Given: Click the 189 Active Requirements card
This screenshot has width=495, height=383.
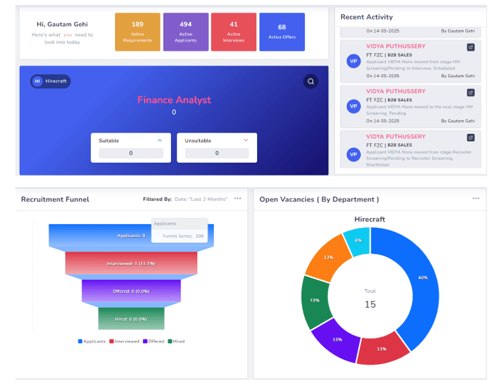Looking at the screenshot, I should pyautogui.click(x=137, y=32).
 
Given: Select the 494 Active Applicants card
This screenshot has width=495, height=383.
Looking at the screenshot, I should pyautogui.click(x=185, y=32).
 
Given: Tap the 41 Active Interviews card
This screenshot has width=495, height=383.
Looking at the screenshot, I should pyautogui.click(x=234, y=32).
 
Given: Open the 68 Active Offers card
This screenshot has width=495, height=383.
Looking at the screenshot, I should pyautogui.click(x=282, y=32).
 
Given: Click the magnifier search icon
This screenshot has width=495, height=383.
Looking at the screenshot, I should pyautogui.click(x=311, y=81).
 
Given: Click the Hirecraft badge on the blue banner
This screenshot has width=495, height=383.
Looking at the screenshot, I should pyautogui.click(x=50, y=81).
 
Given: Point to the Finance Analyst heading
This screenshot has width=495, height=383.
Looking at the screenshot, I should pyautogui.click(x=174, y=100).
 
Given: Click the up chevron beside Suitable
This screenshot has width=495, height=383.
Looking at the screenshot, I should pyautogui.click(x=160, y=141).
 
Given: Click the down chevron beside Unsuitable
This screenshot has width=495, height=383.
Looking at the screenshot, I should pyautogui.click(x=246, y=141).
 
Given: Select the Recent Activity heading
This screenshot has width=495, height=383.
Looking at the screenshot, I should pyautogui.click(x=366, y=17).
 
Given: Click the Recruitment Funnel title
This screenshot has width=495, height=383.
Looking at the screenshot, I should pyautogui.click(x=55, y=199).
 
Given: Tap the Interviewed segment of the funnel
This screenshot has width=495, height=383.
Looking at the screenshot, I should pyautogui.click(x=132, y=263).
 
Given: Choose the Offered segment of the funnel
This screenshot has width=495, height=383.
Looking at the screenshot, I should pyautogui.click(x=132, y=291).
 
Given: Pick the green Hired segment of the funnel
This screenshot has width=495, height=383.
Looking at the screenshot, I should pyautogui.click(x=132, y=319).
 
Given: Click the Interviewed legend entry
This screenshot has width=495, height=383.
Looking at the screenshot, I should pyautogui.click(x=125, y=341).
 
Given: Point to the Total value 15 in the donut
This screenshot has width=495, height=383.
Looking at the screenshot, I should pyautogui.click(x=370, y=304).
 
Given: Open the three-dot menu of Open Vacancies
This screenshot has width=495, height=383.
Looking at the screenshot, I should pyautogui.click(x=475, y=199).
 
